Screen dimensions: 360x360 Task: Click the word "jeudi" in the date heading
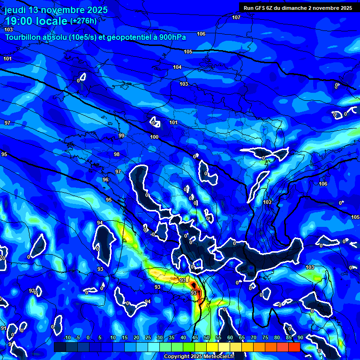click(x=15, y=9)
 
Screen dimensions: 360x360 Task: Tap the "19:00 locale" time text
click(x=36, y=22)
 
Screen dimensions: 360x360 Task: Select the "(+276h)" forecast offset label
click(x=83, y=21)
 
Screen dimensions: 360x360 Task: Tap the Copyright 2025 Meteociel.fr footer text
click(x=199, y=356)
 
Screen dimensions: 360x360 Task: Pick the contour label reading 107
click(x=236, y=17)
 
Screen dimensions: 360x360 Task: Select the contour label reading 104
click(x=177, y=67)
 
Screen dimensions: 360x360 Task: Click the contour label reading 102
click(x=267, y=202)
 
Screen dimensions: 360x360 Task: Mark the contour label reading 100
click(x=155, y=137)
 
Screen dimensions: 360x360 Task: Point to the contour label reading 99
click(x=121, y=135)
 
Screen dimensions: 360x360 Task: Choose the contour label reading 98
click(x=117, y=154)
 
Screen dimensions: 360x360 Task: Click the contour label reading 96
click(x=105, y=180)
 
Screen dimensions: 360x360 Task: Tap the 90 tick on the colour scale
click(x=300, y=337)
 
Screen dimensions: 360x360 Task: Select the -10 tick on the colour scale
click(x=67, y=337)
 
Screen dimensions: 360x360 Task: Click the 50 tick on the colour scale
click(x=207, y=337)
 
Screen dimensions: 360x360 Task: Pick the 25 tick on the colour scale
click(x=148, y=337)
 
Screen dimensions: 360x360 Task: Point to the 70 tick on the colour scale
click(x=254, y=337)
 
